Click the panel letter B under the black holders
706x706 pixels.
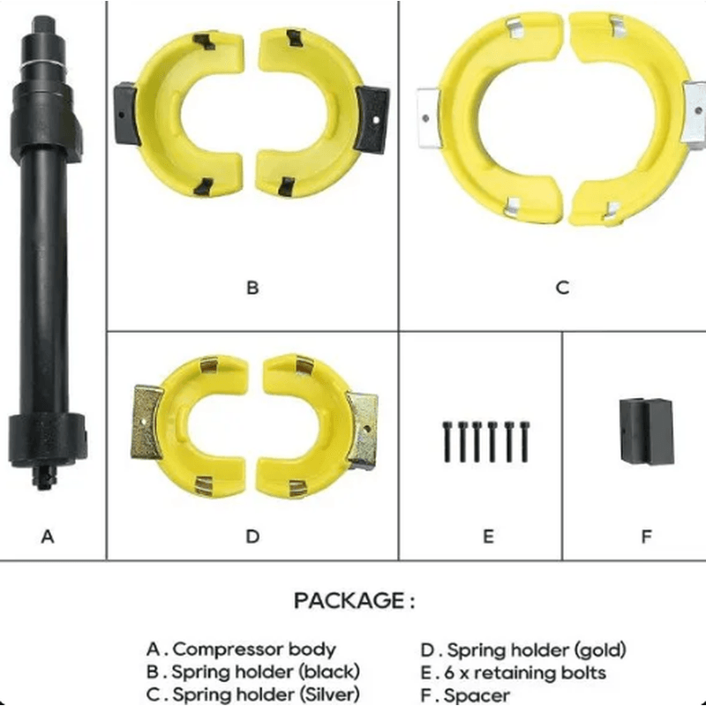(x=252, y=288)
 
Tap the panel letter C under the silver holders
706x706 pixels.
(x=562, y=288)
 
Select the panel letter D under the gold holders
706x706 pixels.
(x=252, y=537)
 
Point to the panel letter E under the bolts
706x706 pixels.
(x=488, y=537)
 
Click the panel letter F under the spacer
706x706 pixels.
(x=646, y=537)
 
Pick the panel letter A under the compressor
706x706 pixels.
(x=48, y=537)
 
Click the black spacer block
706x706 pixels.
(x=647, y=431)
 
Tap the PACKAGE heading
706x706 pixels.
(x=355, y=601)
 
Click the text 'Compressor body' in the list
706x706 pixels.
(x=254, y=650)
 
